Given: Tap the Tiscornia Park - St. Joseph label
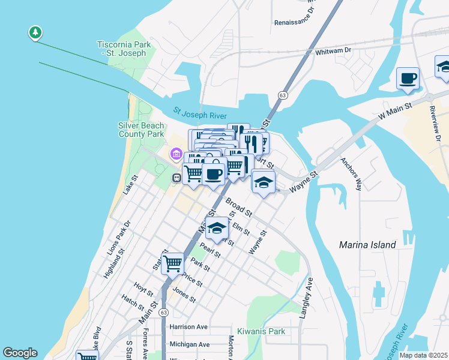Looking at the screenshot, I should pos(122,49).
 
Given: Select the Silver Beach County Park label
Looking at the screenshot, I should pos(141,130).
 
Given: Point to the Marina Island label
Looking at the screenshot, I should pos(367,245).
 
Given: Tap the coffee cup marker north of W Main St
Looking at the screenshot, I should pos(408,79).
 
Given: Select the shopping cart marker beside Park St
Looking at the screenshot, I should pos(173,263).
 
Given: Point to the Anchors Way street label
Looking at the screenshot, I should pos(351,175).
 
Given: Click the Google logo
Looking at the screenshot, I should pos(20,353).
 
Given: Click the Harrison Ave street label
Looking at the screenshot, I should pos(188,327).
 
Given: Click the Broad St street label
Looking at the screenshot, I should pos(240,208).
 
